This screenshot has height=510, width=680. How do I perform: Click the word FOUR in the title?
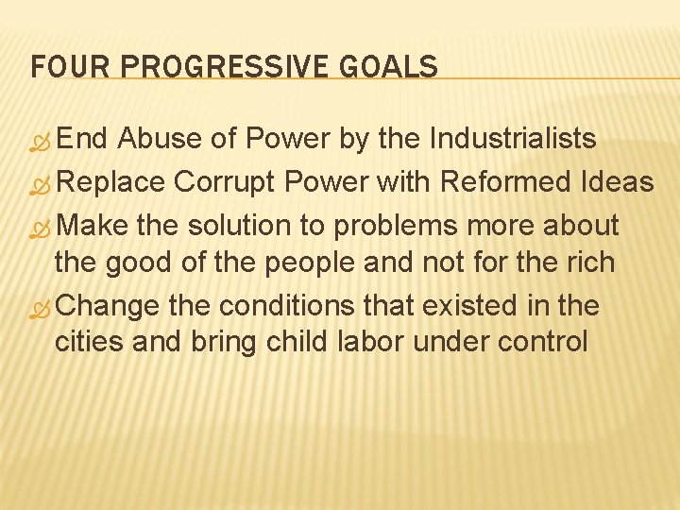(x=59, y=68)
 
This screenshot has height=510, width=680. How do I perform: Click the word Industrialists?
(x=513, y=140)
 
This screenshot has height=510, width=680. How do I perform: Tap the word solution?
(x=241, y=227)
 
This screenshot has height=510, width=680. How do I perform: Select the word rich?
(x=591, y=262)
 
